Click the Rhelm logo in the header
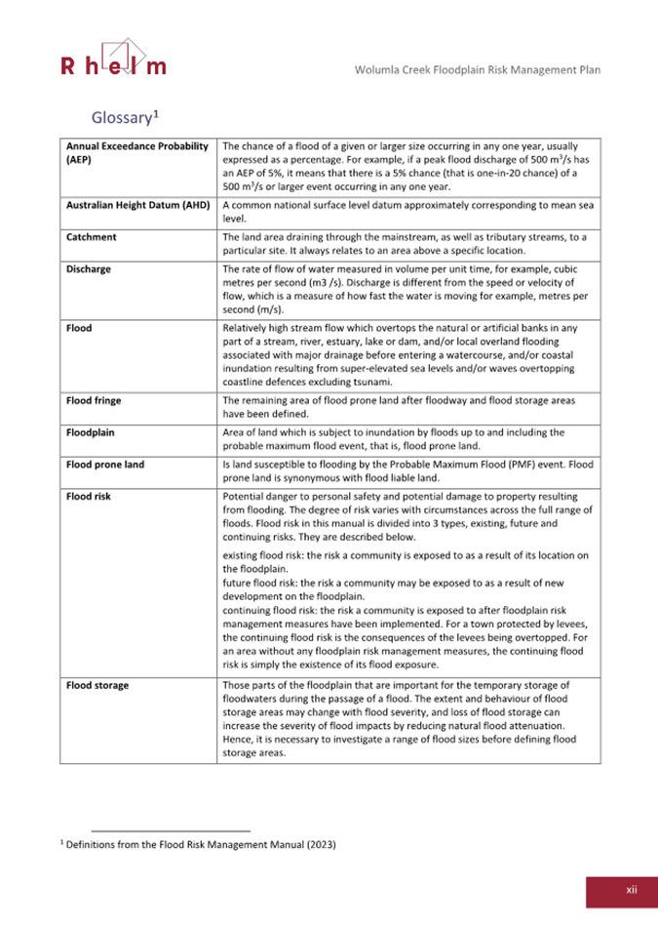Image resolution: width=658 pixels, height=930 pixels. [112, 58]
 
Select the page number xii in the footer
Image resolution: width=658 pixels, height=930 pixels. [631, 889]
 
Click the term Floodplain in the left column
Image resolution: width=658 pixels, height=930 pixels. [94, 431]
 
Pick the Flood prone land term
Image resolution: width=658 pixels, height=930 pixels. [105, 464]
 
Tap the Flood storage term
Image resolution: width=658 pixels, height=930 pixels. [97, 685]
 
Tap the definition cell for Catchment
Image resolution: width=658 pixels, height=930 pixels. [407, 244]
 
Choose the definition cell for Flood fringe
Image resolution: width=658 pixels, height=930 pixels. [407, 407]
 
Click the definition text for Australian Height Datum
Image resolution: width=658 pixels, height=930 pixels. [407, 213]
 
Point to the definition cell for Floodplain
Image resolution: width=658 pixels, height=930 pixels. [407, 438]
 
